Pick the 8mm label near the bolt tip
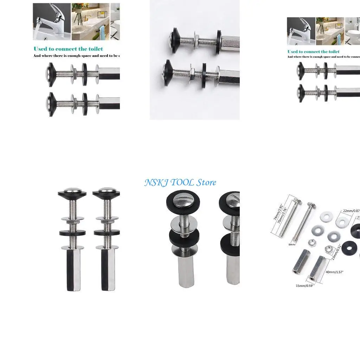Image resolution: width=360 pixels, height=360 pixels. pyautogui.click(x=292, y=244)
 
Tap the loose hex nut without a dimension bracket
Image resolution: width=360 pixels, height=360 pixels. pyautogui.click(x=311, y=243)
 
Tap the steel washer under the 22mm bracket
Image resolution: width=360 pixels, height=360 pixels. pyautogui.click(x=341, y=222)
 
